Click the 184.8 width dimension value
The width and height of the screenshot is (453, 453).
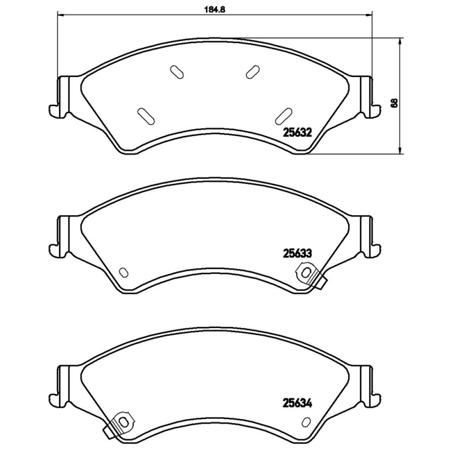coord(215,9)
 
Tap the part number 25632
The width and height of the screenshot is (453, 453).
coord(297,133)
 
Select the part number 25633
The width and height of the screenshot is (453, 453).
coord(297,253)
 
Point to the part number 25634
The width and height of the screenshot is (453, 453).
coord(297,403)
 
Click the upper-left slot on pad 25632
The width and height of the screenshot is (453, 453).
coord(177,72)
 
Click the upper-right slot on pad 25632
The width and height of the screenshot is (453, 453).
coord(253,72)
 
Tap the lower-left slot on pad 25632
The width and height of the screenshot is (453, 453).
coord(146,117)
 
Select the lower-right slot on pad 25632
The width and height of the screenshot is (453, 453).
coord(284,117)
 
